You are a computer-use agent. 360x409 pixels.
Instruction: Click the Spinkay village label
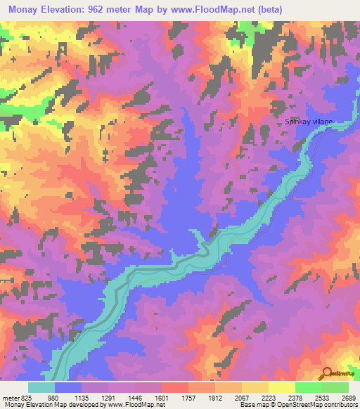(x=308, y=122)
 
